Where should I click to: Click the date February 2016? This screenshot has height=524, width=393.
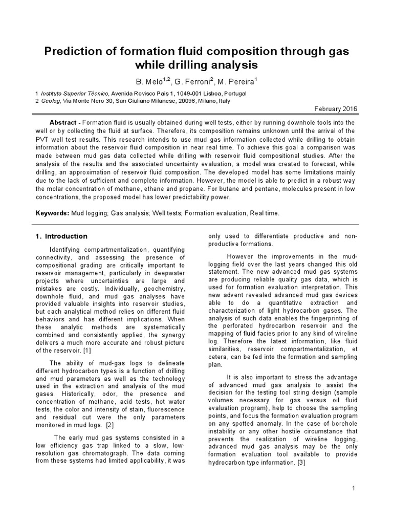point(335,110)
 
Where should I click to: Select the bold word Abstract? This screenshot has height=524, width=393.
point(63,123)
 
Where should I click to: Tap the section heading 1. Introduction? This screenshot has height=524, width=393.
point(61,236)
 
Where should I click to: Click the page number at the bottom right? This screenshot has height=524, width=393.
point(353,490)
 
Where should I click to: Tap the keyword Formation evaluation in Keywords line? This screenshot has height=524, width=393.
point(214,213)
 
